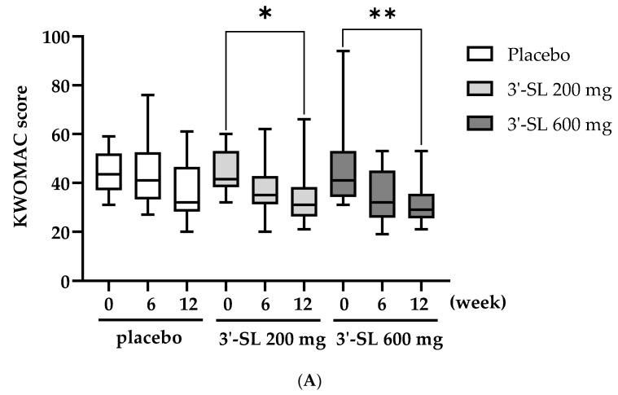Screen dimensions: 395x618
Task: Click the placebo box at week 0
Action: click(x=109, y=172)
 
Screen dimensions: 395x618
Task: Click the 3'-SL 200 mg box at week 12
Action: click(x=304, y=202)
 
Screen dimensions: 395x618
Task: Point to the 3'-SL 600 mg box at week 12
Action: click(x=421, y=206)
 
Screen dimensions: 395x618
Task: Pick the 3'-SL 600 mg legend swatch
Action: click(x=480, y=124)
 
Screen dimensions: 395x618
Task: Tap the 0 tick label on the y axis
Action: click(x=64, y=281)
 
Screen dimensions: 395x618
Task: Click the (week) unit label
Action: click(x=477, y=302)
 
